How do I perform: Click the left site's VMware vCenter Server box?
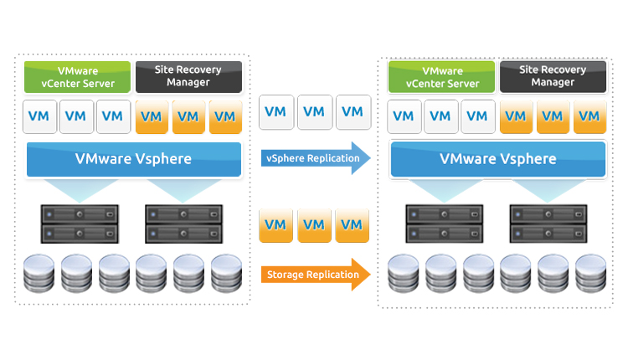click(x=77, y=77)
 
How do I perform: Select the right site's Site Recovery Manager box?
click(x=553, y=77)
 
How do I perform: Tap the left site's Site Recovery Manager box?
click(x=188, y=77)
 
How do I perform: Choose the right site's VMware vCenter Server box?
click(x=442, y=77)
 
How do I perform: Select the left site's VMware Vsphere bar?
click(x=133, y=159)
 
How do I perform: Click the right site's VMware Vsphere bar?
click(x=497, y=159)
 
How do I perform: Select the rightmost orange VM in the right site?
click(x=589, y=116)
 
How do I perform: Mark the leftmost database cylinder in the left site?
click(x=35, y=274)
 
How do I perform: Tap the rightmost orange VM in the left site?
click(x=225, y=116)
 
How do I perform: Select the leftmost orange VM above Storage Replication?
click(x=277, y=225)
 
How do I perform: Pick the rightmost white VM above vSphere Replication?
click(x=353, y=111)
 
